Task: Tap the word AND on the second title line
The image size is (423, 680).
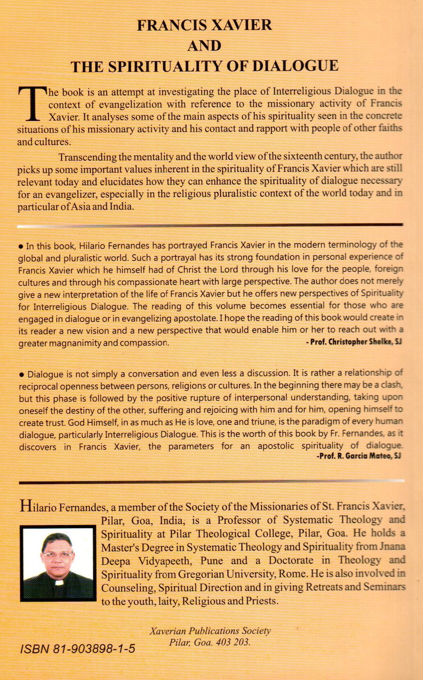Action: coord(204,46)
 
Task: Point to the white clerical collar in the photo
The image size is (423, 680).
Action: coord(59,582)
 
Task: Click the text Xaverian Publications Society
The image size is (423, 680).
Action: coord(210,631)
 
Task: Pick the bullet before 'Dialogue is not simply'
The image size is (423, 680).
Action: coord(21,375)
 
